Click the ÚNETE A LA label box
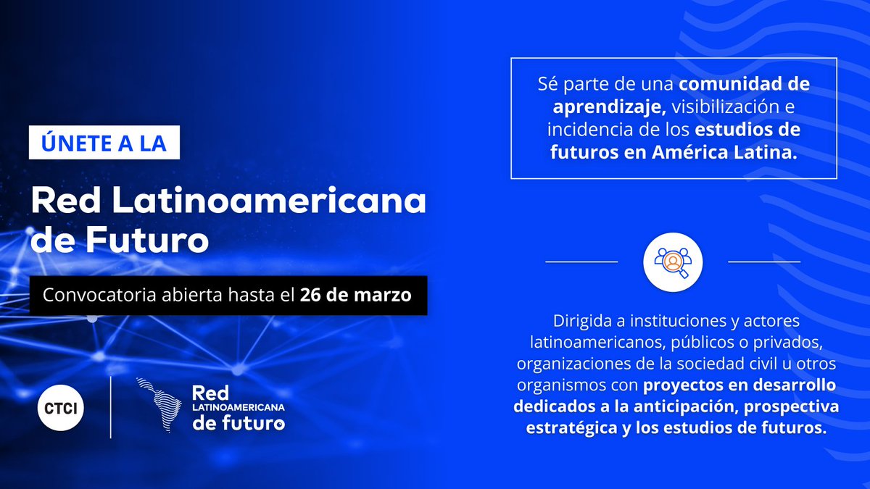tap(104, 143)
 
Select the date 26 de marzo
tap(356, 296)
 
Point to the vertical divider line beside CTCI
tap(110, 407)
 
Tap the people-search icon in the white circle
tap(674, 260)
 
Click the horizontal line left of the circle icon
tap(581, 261)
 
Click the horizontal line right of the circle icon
tap(764, 261)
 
